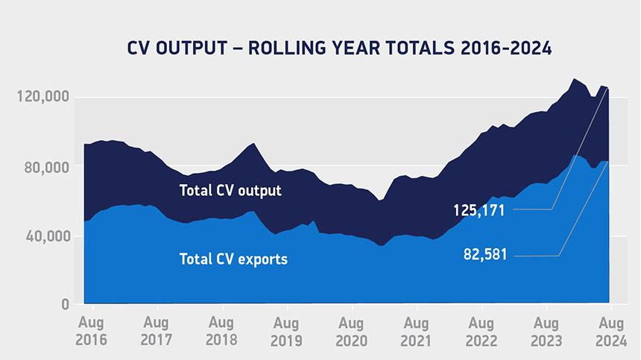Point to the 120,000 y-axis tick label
pyautogui.click(x=42, y=97)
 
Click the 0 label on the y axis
pyautogui.click(x=65, y=304)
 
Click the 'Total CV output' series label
pyautogui.click(x=230, y=191)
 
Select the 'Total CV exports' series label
pyautogui.click(x=233, y=259)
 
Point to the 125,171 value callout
pyautogui.click(x=480, y=210)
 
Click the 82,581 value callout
pyautogui.click(x=484, y=256)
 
